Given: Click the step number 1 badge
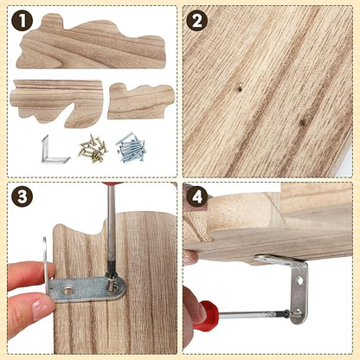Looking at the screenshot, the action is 22,21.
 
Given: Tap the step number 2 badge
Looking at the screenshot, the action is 197,21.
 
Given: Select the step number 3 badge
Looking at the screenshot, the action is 22,196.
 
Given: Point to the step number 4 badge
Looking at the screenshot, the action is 197,197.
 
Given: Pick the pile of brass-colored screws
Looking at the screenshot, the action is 93,149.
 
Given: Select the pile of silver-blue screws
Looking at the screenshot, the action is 132,147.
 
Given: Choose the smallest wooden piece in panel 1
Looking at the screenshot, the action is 141,102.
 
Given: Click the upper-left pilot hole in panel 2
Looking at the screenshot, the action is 240,90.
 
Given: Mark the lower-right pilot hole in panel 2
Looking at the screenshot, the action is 302,123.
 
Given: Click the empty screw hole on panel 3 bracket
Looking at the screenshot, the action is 67,291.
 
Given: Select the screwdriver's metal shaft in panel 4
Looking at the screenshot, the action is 254,314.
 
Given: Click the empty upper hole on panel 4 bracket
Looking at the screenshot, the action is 300,280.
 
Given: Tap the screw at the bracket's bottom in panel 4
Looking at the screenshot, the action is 296,313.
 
